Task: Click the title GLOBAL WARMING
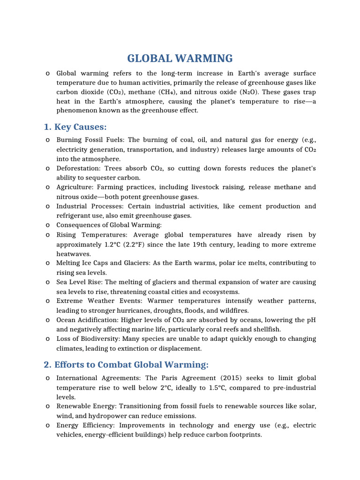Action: [x=180, y=59]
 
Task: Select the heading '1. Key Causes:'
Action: [x=75, y=127]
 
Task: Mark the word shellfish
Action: [x=266, y=329]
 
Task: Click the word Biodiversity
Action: [x=98, y=338]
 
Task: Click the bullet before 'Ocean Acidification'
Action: [x=48, y=320]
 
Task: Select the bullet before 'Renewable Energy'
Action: [x=48, y=406]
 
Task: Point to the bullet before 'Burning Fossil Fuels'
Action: [x=48, y=140]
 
